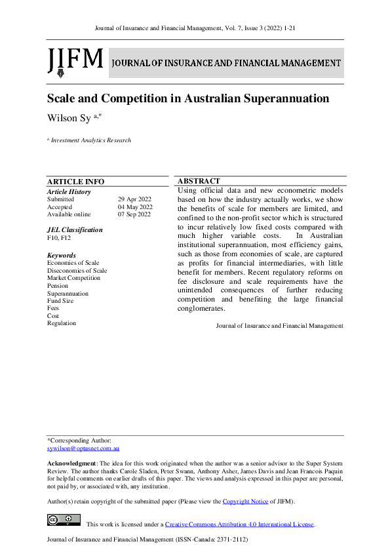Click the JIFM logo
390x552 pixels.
coord(75,61)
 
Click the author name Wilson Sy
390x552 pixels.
coord(68,118)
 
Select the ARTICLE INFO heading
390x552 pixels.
coord(75,182)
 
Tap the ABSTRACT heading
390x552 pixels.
coord(199,181)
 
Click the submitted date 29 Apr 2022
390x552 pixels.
coord(135,199)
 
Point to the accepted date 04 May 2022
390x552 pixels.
coord(135,207)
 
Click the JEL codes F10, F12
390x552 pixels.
coord(59,238)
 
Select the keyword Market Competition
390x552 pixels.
coord(73,278)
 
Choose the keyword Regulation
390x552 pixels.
coord(62,323)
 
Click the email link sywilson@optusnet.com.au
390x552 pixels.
coord(83,448)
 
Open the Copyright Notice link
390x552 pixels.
coord(246,502)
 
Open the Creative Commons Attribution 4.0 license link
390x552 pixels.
coord(239,524)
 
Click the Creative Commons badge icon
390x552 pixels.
coord(64,521)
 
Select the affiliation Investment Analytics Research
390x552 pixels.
coord(91,140)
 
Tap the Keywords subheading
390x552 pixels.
coord(62,255)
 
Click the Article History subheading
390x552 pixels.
coord(69,191)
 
